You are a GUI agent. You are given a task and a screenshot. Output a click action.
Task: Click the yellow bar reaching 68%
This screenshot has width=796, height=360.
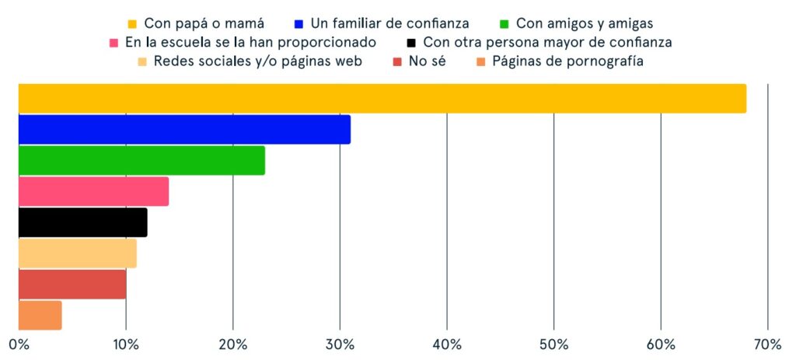382,98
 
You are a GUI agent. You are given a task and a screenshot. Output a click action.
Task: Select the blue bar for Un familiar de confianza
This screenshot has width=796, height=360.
184,129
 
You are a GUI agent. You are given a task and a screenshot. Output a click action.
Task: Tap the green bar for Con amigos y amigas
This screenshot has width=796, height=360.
141,160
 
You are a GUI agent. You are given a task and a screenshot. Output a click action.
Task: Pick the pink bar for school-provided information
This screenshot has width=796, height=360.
93,191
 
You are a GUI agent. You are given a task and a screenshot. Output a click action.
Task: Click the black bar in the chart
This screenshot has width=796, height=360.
82,222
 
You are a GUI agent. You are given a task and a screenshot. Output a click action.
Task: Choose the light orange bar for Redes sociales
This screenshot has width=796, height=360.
77,253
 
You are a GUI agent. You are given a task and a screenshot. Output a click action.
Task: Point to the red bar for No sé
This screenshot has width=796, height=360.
72,284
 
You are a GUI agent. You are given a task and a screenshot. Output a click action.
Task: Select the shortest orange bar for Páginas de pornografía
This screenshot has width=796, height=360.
40,315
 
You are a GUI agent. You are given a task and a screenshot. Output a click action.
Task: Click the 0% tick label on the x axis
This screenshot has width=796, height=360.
19,344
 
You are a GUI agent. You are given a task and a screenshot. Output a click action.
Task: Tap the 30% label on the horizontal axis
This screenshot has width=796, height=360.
340,344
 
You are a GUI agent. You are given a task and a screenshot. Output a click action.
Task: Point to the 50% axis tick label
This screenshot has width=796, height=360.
553,344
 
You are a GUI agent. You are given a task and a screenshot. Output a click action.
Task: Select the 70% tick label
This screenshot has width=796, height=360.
767,344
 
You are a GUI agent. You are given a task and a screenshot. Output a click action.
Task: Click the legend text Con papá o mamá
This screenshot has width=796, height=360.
204,23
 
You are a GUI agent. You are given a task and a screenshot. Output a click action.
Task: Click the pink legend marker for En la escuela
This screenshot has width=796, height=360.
113,43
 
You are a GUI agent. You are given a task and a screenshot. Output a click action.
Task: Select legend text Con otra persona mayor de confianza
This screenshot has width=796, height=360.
547,42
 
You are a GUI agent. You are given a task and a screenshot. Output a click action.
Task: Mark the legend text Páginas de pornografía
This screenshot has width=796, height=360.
567,61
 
